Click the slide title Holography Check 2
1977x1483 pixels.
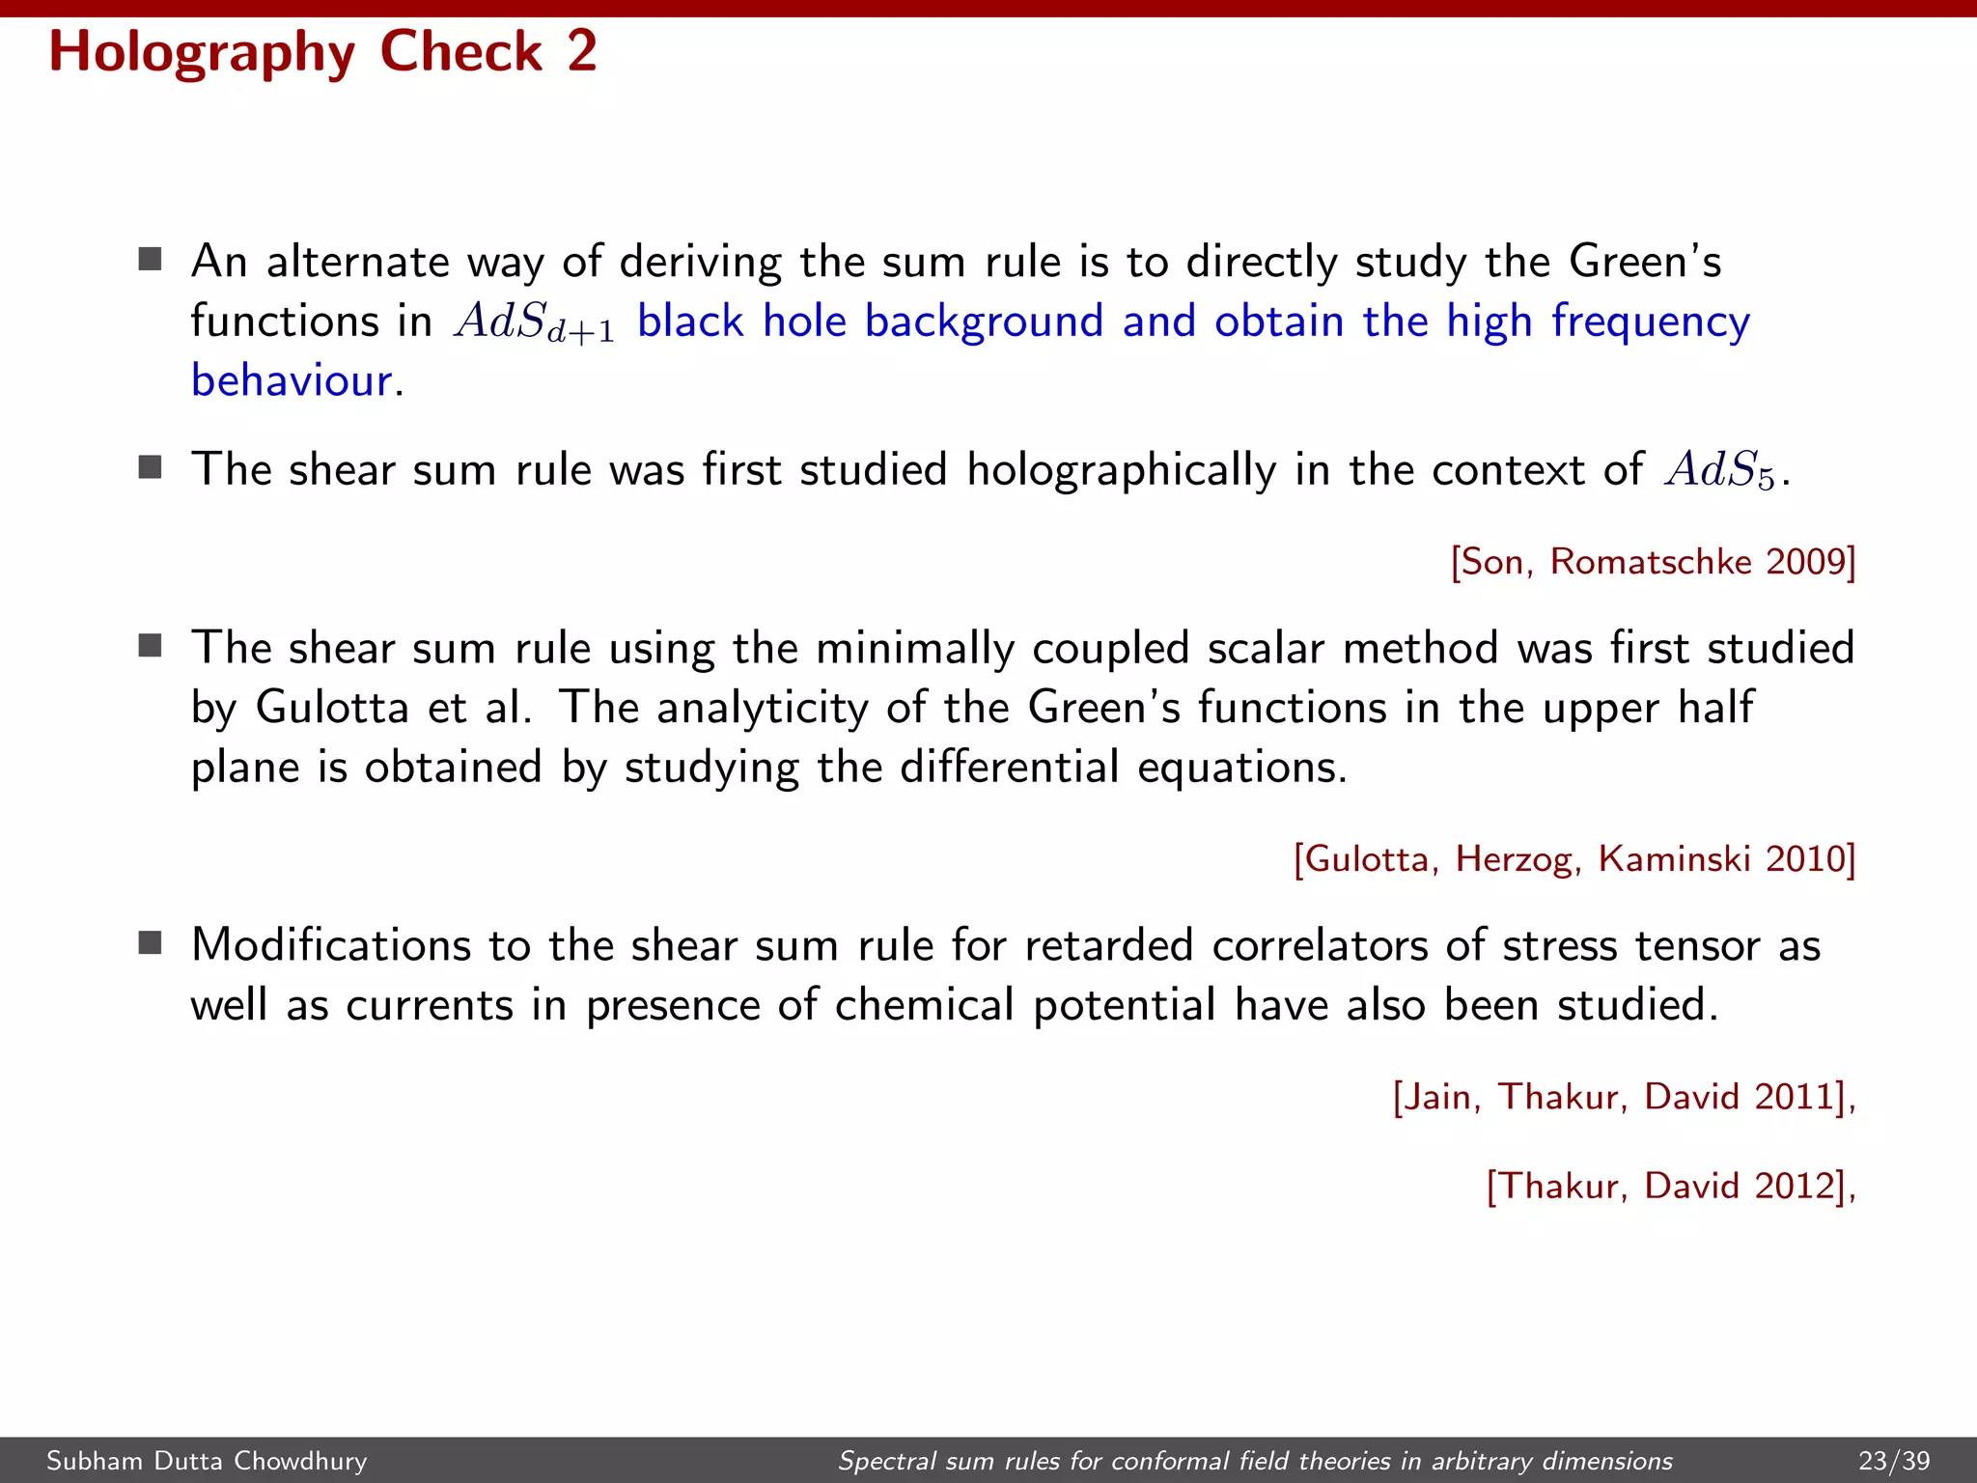(x=322, y=52)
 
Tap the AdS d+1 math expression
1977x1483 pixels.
(x=534, y=322)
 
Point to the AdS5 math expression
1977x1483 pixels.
(x=1719, y=471)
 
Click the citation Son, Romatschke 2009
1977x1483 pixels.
(x=1653, y=562)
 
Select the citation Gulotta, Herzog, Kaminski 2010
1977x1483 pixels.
(x=1573, y=858)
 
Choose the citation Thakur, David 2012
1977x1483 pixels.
(x=1670, y=1186)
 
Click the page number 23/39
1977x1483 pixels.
(x=1894, y=1461)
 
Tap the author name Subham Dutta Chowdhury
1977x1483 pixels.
(x=207, y=1461)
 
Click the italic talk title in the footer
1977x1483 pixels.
(x=1255, y=1461)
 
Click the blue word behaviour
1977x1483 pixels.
(x=292, y=380)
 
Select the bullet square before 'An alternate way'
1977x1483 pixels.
(x=150, y=259)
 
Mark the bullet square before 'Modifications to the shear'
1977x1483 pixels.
(x=150, y=942)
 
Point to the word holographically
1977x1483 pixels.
(x=1122, y=470)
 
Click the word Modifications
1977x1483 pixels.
(x=331, y=944)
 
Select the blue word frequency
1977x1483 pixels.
(x=1650, y=322)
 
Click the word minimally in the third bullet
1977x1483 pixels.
(x=914, y=648)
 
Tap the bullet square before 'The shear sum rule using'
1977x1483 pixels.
(x=150, y=645)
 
